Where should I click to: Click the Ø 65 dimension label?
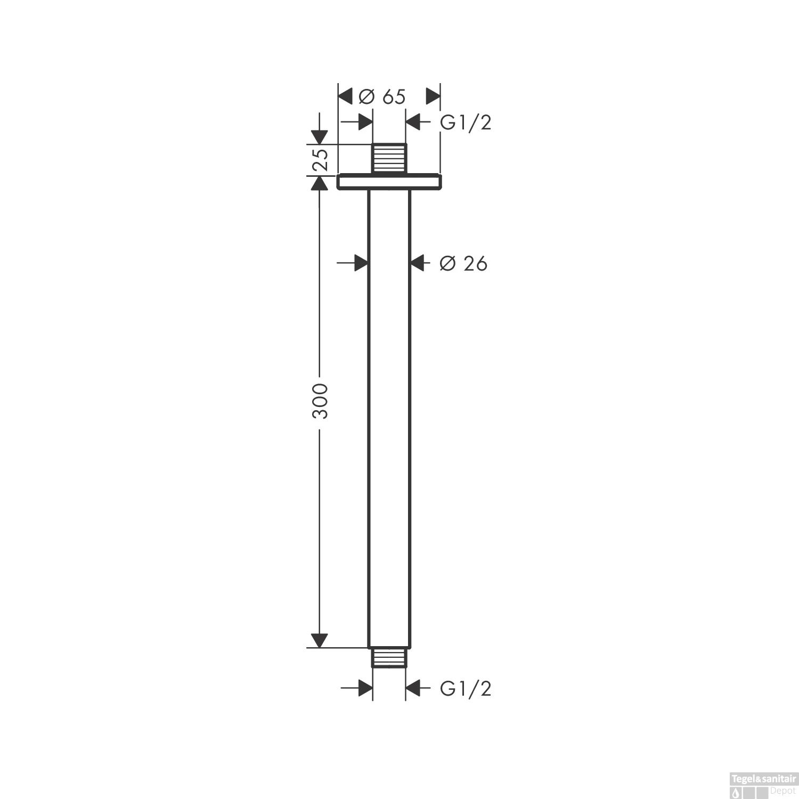click(x=382, y=97)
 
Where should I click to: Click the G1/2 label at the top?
click(x=465, y=123)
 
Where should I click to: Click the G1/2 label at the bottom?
click(x=465, y=689)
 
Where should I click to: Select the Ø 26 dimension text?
click(x=463, y=263)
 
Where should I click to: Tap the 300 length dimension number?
click(x=320, y=400)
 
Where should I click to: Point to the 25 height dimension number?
click(x=320, y=159)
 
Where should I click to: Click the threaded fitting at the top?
click(x=389, y=158)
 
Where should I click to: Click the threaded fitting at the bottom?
click(x=389, y=657)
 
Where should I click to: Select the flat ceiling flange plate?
click(x=389, y=182)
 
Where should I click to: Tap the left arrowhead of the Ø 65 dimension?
click(x=346, y=97)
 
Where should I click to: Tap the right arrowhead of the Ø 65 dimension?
click(x=433, y=97)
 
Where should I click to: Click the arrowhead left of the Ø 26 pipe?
click(x=362, y=263)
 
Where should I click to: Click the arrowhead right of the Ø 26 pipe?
click(x=417, y=263)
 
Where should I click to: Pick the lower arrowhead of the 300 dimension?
click(x=319, y=641)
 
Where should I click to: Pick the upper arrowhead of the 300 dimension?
click(x=319, y=183)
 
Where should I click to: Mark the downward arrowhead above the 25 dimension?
click(x=319, y=137)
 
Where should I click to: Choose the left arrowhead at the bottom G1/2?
click(x=365, y=688)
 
